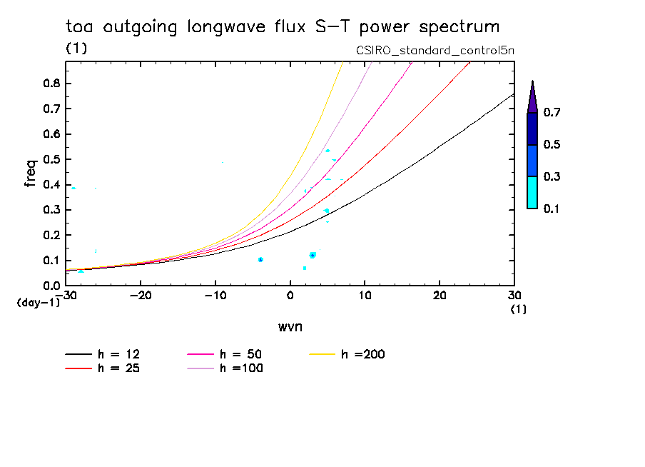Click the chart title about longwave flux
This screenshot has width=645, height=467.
coord(282,28)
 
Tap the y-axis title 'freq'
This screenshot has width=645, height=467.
coord(30,173)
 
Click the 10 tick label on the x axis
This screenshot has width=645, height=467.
coord(365,296)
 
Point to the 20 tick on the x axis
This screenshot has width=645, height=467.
coord(440,296)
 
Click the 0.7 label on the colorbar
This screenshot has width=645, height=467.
coord(554,113)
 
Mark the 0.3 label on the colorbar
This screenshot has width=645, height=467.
coord(554,176)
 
